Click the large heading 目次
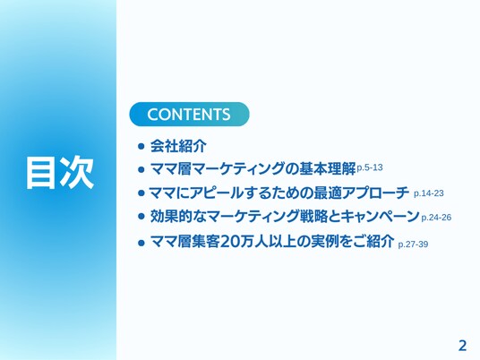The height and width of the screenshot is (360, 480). [x=60, y=172]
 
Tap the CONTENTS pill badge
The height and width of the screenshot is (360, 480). [x=189, y=115]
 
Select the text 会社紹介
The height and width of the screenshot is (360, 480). [x=178, y=146]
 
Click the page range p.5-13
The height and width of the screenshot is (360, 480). [x=370, y=167]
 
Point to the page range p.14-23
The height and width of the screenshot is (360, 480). [x=429, y=193]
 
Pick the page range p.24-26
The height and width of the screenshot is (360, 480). [x=436, y=218]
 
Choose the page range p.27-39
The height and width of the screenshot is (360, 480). [x=413, y=244]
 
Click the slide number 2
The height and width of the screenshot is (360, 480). [x=462, y=346]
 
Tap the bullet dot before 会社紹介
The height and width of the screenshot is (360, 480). [x=141, y=146]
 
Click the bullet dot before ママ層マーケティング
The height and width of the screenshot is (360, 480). [x=141, y=169]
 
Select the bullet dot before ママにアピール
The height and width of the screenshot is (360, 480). [x=141, y=193]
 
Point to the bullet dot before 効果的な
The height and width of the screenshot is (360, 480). [x=141, y=217]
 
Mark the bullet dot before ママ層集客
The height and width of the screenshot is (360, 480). [x=141, y=243]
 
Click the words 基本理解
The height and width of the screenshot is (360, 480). [x=327, y=168]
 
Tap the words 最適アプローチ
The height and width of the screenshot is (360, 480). [x=362, y=193]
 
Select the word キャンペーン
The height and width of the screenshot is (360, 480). [x=381, y=217]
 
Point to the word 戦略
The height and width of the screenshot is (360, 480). [x=312, y=217]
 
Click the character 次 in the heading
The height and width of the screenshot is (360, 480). [x=77, y=172]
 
